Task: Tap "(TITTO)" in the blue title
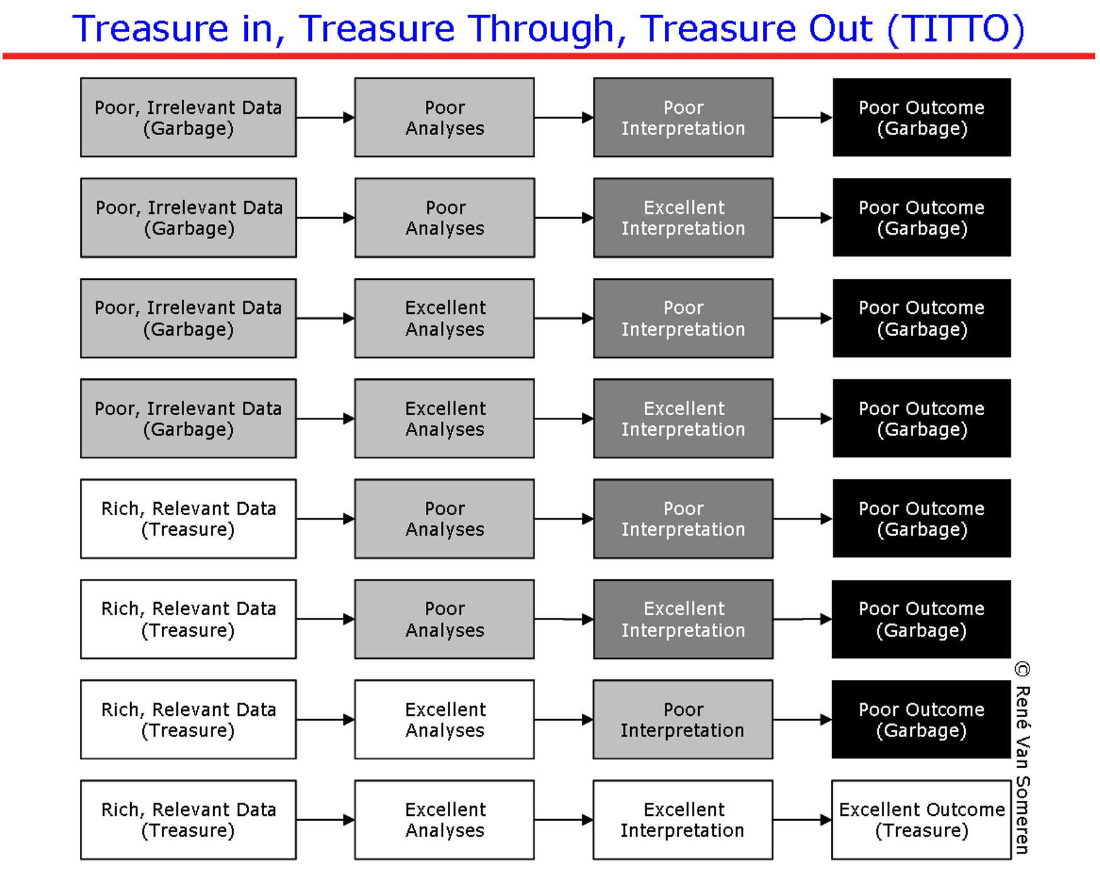pos(956,30)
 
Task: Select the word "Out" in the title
pos(840,29)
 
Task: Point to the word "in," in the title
pos(264,30)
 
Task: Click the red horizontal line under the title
pos(548,56)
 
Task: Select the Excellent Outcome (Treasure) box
pos(921,820)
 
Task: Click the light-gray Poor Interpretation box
pos(683,719)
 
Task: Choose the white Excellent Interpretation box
pos(683,820)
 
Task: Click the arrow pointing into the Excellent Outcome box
pos(803,820)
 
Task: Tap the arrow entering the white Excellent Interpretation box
pos(564,820)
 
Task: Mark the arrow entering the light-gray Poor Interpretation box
pos(564,719)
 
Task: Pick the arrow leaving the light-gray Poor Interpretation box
pos(803,719)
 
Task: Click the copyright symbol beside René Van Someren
pos(1023,669)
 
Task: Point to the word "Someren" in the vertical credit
pos(1023,815)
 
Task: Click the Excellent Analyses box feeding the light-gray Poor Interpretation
pos(445,719)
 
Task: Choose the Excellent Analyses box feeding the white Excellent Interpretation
pos(445,820)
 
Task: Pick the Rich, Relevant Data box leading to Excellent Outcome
pos(188,820)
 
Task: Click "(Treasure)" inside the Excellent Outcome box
pos(921,831)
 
